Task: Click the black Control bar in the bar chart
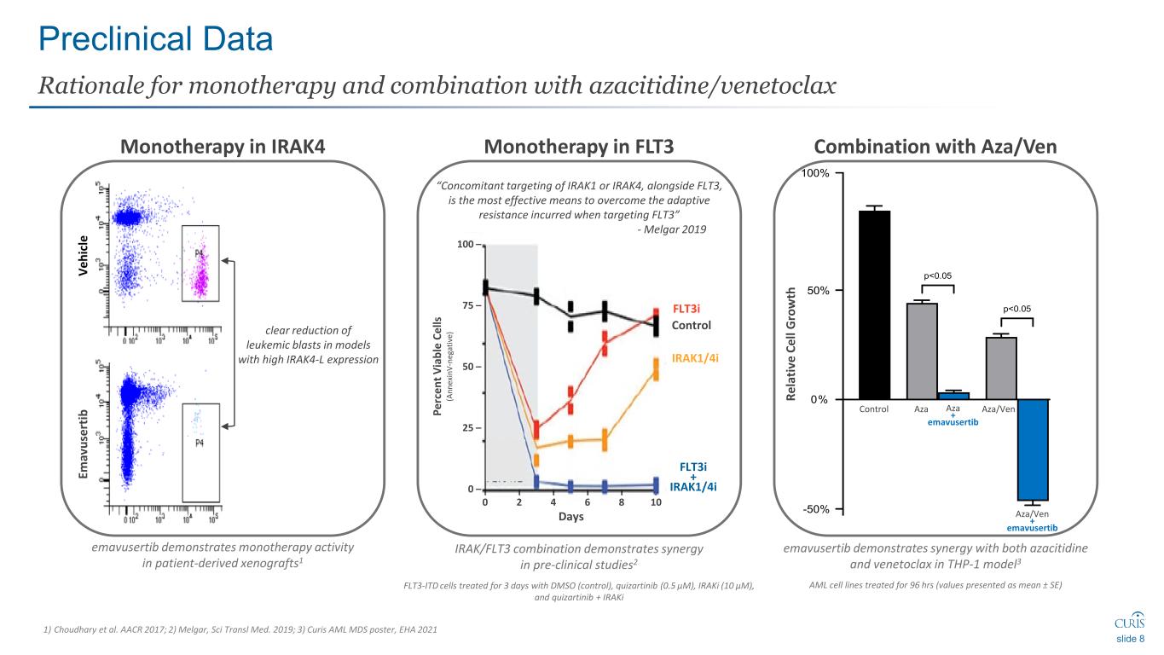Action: pos(874,304)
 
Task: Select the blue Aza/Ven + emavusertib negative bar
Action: pos(1032,449)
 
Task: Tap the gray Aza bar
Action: pos(922,351)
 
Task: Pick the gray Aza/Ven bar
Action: pos(1001,368)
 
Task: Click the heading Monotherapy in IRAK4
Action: pos(223,147)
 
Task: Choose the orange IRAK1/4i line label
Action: pos(696,358)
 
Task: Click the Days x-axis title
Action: pos(570,518)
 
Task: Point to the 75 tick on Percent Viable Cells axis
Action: pos(466,305)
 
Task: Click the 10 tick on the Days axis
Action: pos(656,502)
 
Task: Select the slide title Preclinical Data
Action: pos(156,38)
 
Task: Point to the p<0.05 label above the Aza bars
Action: pos(938,275)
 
